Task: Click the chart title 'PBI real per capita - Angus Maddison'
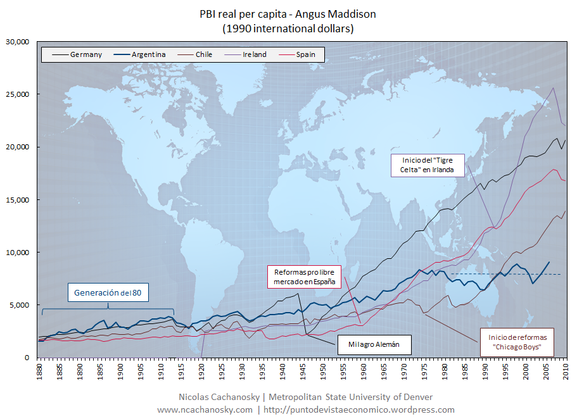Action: (x=288, y=14)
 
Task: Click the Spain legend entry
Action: (x=304, y=54)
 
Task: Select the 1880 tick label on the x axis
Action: (x=39, y=369)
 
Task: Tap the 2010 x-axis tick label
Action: (x=566, y=369)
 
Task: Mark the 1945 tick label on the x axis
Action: (x=303, y=369)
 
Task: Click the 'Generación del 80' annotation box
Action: (x=108, y=292)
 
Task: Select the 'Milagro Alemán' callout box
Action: (x=374, y=346)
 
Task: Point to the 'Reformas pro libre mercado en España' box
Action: (x=305, y=277)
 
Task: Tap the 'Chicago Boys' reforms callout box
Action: (x=517, y=342)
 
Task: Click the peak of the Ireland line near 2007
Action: (x=553, y=88)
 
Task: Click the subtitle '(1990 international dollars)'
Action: (x=288, y=28)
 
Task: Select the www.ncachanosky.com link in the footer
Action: (x=205, y=410)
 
